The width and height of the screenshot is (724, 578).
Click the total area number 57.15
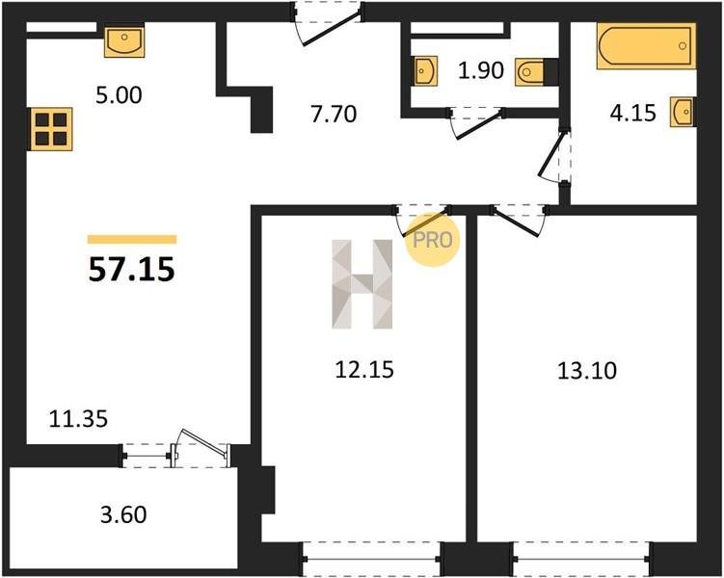132,270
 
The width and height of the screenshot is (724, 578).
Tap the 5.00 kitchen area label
119,95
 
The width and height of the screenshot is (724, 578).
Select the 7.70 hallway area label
334,114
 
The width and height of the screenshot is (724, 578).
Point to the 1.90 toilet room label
481,70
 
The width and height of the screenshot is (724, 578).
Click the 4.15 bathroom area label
633,113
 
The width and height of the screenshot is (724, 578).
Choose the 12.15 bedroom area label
364,370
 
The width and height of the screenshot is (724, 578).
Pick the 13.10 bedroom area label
587,371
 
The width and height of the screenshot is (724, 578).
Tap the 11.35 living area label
78,419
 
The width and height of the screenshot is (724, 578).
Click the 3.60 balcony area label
123,514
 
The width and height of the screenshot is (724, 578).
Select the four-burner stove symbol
51,129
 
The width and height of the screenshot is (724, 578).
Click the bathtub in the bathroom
646,45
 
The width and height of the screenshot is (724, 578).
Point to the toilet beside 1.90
537,72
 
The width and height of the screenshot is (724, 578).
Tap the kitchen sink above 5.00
124,41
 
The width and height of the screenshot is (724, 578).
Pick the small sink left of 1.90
425,71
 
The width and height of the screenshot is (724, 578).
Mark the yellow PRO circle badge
433,240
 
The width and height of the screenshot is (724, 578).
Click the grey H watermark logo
362,284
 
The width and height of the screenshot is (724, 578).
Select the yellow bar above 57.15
132,239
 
